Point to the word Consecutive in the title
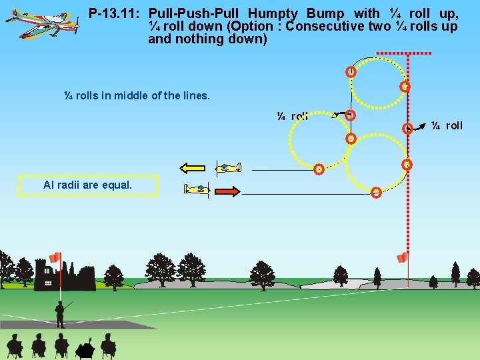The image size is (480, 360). (316, 26)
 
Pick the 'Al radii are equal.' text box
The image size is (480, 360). (88, 185)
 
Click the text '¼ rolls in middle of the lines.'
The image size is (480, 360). (137, 95)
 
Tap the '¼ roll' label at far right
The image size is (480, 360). (447, 125)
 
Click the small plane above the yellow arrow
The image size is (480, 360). (227, 167)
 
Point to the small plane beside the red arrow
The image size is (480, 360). (197, 190)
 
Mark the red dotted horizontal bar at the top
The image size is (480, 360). (404, 53)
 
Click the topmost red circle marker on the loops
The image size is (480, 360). (350, 72)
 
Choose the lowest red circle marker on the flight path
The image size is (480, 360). (376, 193)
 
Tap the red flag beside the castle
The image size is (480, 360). (55, 257)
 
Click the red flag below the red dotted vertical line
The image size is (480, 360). (402, 258)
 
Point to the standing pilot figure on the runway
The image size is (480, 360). (60, 313)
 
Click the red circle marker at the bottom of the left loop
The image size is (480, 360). (319, 169)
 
